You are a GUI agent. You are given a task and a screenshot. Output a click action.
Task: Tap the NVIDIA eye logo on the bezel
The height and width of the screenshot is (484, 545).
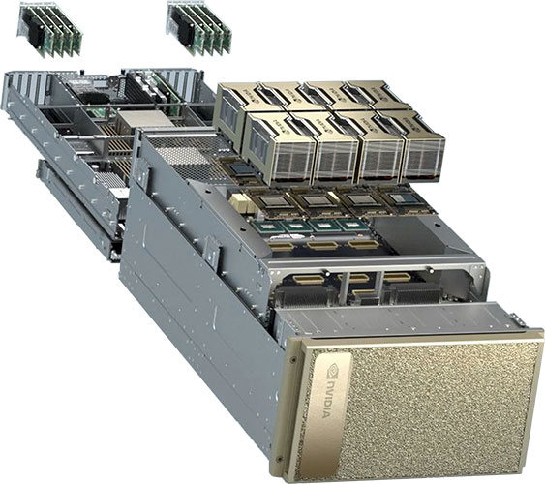(x=334, y=370)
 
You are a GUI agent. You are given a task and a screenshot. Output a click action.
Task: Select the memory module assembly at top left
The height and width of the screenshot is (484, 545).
(x=49, y=30)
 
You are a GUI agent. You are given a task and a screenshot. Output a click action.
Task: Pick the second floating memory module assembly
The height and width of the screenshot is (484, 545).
(x=198, y=28)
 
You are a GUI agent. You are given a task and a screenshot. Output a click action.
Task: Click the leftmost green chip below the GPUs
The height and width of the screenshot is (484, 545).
(x=268, y=227)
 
